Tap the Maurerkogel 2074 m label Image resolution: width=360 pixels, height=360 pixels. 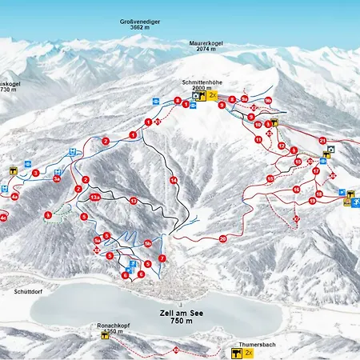tap(206, 46)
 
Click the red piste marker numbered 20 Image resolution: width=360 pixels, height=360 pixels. tap(222, 238)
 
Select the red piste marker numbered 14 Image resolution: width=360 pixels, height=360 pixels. tap(173, 181)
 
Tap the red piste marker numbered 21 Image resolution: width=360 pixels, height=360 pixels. tap(322, 141)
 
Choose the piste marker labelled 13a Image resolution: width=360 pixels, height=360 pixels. tap(95, 197)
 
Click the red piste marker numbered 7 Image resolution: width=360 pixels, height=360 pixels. tap(162, 258)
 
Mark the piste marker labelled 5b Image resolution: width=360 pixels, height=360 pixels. tap(147, 243)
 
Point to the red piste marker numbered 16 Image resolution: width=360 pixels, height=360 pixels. tap(296, 190)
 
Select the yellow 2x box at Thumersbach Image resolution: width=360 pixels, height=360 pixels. tap(249, 352)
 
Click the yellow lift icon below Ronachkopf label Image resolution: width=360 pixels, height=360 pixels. tap(105, 336)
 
